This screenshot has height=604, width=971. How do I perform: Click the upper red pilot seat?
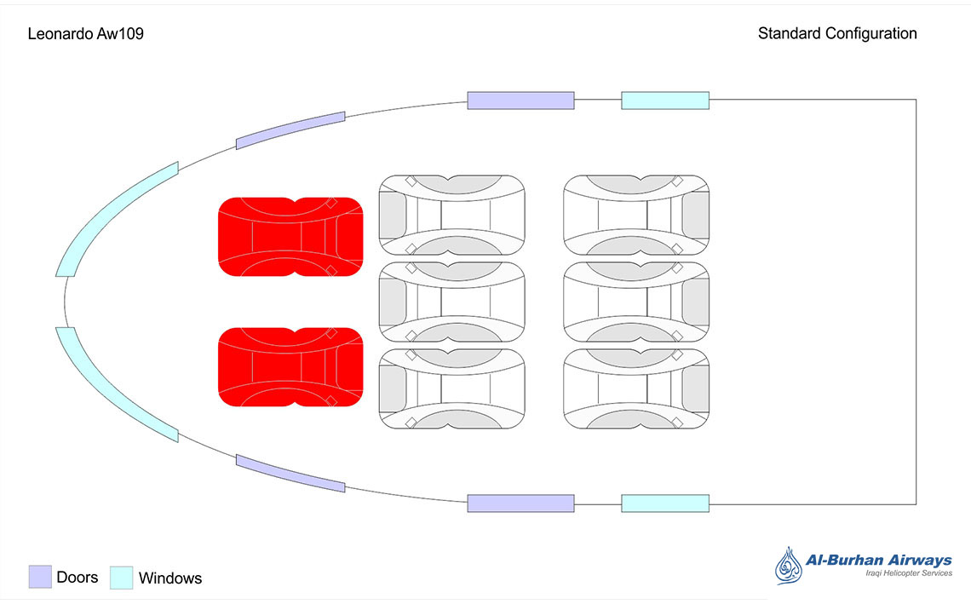point(290,236)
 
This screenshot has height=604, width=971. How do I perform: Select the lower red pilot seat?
point(290,366)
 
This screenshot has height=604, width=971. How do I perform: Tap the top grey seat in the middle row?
point(451,215)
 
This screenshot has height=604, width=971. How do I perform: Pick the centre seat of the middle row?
point(451,302)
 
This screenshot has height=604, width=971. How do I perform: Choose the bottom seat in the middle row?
point(451,388)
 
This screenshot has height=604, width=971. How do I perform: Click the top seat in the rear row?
point(636,215)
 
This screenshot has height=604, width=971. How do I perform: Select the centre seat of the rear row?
point(636,302)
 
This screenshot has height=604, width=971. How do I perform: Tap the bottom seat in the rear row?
point(636,388)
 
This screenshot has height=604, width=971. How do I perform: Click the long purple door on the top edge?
point(520,101)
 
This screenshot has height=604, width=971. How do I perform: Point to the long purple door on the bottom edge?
point(520,503)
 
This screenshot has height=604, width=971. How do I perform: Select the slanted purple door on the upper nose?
point(290,130)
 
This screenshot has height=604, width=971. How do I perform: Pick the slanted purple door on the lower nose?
point(290,474)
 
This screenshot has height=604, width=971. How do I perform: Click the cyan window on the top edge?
point(665,101)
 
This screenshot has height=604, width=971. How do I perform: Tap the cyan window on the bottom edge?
point(665,503)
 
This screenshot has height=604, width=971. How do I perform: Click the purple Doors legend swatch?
point(40,577)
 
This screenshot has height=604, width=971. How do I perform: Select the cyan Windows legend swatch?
point(123,577)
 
